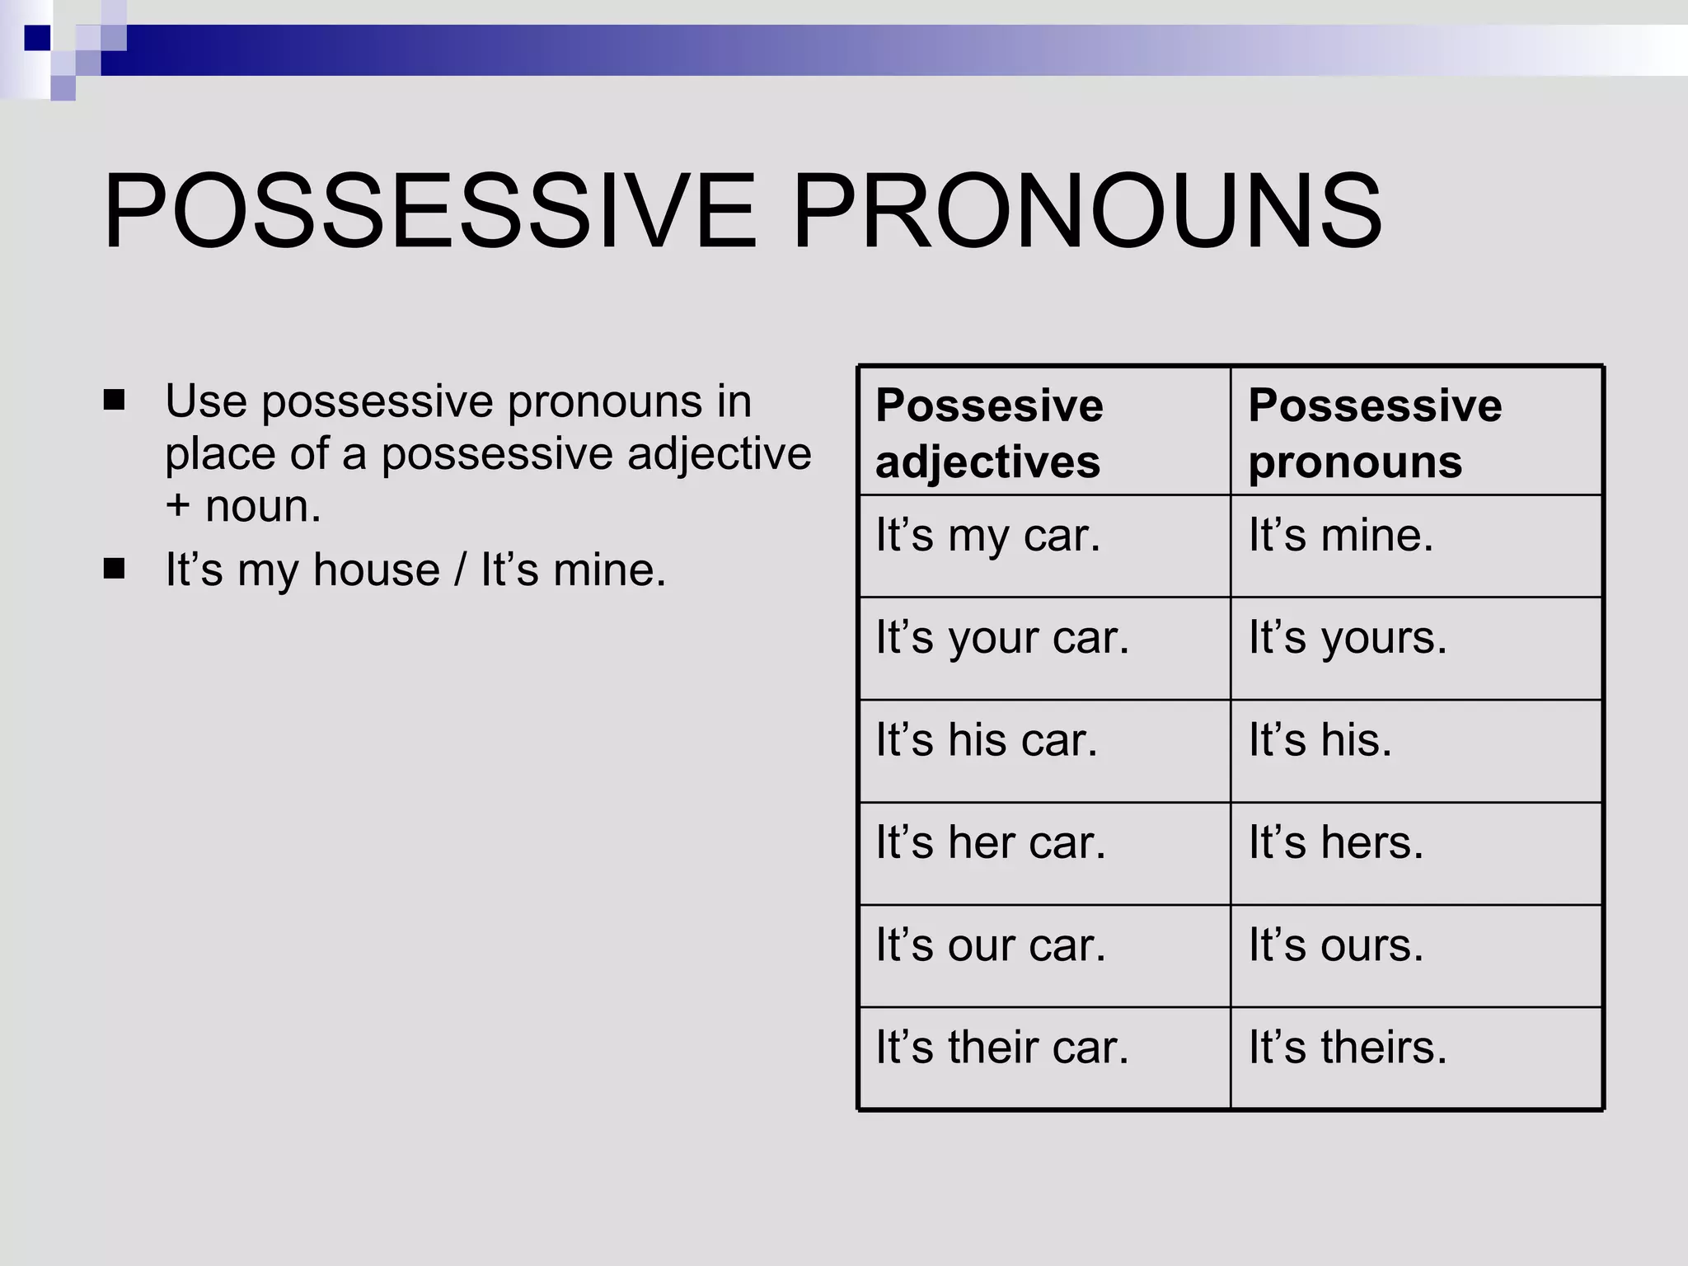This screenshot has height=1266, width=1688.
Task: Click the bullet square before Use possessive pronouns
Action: tap(115, 401)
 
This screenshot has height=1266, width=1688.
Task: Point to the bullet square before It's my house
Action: tap(115, 569)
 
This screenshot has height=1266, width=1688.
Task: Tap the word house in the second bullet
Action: tap(377, 570)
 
